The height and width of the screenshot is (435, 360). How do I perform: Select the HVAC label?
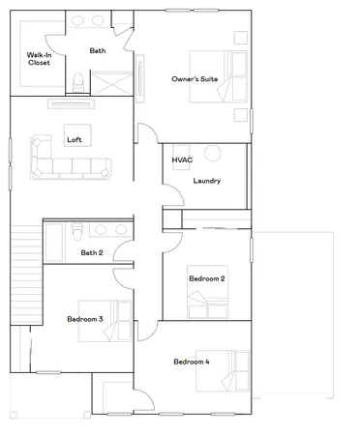183,159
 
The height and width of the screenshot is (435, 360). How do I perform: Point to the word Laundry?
207,181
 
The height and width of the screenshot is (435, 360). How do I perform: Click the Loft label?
74,139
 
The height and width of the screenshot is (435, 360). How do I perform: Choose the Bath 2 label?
93,253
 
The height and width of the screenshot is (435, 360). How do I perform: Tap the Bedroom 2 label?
206,278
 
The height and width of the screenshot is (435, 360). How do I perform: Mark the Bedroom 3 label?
85,319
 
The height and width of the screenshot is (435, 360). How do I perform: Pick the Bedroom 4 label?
191,362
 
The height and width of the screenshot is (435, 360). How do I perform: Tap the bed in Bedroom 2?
209,295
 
